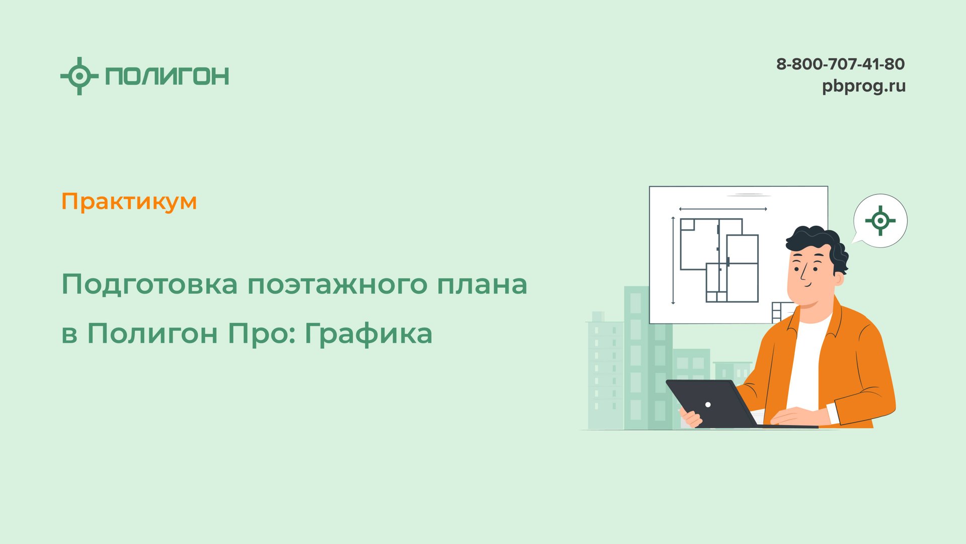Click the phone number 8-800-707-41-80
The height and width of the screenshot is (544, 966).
pos(840,64)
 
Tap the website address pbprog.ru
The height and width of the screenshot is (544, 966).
pos(863,86)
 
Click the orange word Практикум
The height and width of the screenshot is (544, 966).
pos(129,201)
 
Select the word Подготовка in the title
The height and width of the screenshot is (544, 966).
pos(149,285)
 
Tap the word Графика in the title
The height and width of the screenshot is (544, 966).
pos(368,334)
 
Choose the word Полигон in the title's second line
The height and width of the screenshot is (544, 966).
pos(152,333)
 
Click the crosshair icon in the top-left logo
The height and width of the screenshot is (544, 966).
pos(79,76)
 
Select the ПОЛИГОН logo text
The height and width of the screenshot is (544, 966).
pos(167,76)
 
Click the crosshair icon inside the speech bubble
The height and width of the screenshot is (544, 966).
pos(880,221)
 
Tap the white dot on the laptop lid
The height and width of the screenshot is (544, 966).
pos(708,404)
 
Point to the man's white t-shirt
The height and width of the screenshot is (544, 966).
pos(808,363)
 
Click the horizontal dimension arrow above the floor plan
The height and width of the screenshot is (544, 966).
pos(722,209)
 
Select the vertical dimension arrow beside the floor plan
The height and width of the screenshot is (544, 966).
pos(673,260)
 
